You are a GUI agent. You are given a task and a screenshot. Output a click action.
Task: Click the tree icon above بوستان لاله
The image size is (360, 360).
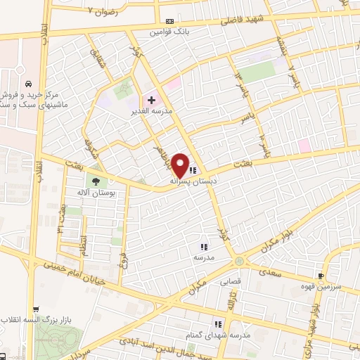[96, 182]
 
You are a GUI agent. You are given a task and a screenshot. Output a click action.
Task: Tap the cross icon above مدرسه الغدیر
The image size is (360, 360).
[151, 100]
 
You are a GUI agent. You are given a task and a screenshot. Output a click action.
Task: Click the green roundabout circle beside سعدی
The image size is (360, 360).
[240, 261]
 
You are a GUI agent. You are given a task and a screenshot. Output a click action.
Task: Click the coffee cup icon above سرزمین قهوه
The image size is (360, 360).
[321, 276]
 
